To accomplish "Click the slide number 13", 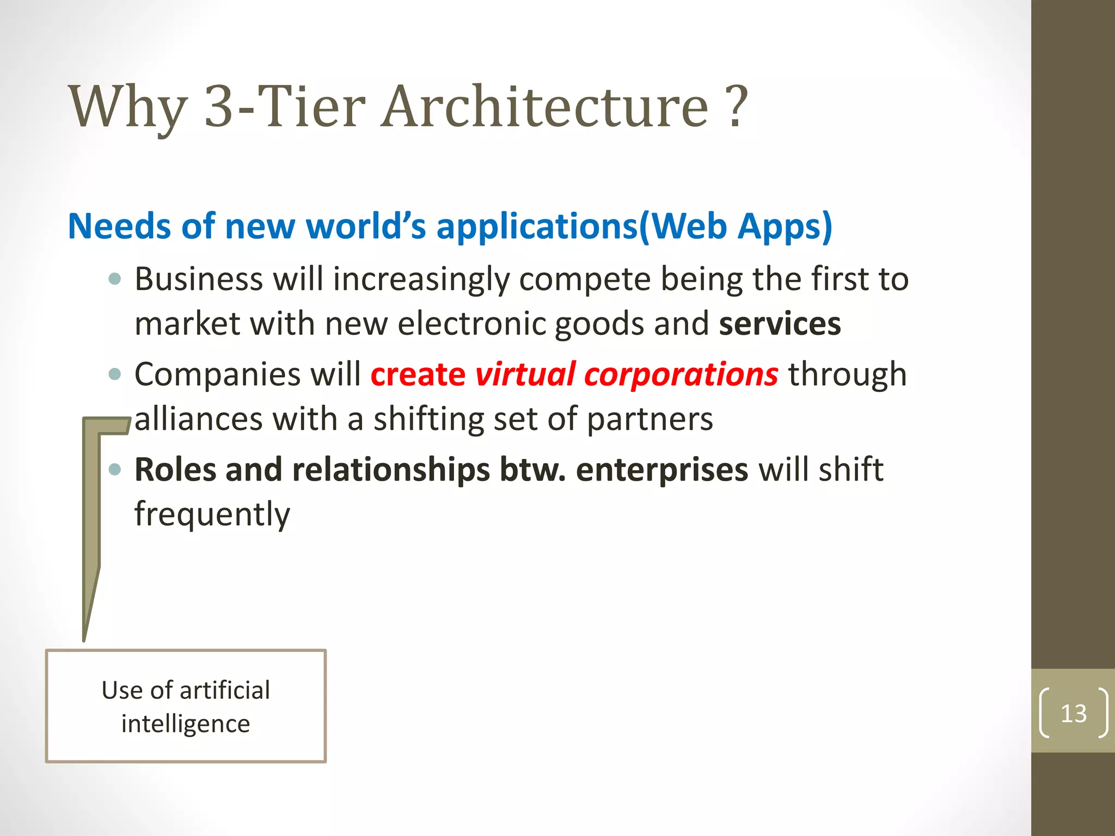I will [1073, 713].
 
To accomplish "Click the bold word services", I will [780, 324].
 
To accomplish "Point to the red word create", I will [418, 374].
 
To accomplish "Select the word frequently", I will [212, 515].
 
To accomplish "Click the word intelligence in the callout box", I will [186, 724].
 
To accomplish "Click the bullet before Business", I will [114, 280].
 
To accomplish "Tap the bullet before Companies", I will [114, 374].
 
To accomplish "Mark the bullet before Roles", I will [114, 469].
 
